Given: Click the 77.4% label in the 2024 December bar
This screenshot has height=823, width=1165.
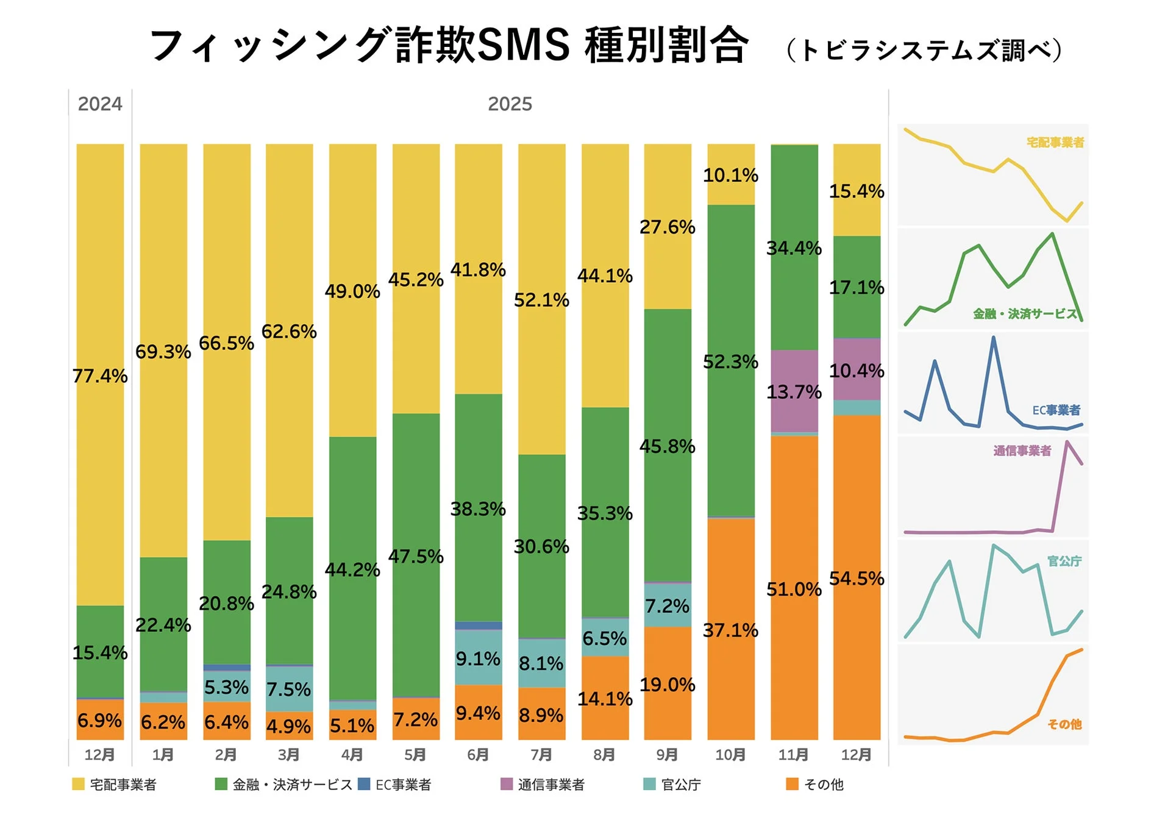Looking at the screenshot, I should click(100, 376).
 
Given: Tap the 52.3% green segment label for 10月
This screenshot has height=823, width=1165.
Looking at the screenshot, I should click(730, 362).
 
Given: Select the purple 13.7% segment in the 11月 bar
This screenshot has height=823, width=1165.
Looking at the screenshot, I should click(794, 391).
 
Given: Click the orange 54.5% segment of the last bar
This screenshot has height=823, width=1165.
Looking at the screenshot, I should click(856, 578).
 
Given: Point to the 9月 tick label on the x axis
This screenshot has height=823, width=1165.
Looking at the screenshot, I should click(667, 755).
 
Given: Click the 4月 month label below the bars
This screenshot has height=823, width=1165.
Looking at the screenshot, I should click(352, 755).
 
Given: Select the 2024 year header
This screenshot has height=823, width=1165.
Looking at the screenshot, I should click(100, 104).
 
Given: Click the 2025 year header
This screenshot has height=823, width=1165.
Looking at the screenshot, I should click(510, 104).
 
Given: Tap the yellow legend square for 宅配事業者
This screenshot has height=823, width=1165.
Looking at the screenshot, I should click(78, 784).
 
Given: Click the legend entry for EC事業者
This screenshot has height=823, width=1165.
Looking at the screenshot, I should click(402, 785).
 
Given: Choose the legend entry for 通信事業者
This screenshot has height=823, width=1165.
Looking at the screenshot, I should click(550, 785).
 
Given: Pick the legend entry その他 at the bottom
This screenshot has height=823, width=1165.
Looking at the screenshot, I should click(823, 785).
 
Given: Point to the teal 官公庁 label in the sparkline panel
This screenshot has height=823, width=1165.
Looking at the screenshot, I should click(1064, 561).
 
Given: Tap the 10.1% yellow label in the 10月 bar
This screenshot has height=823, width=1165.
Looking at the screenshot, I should click(730, 176).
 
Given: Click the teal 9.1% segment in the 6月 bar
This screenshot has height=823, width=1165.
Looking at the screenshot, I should click(478, 658).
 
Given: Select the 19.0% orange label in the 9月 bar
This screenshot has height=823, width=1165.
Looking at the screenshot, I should click(667, 685).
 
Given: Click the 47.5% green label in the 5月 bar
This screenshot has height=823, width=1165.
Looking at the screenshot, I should click(416, 556).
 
